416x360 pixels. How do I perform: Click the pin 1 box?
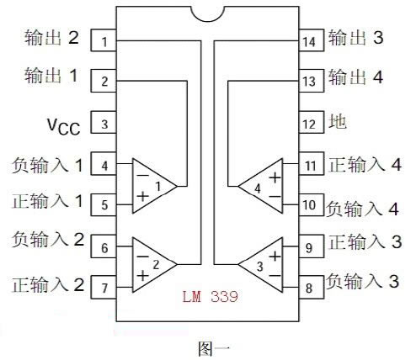click(104, 40)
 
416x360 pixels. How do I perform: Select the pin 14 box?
click(312, 40)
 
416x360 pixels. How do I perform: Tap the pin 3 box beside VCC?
click(104, 122)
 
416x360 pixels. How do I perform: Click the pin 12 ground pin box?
click(312, 122)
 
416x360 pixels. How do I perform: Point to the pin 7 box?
click(104, 287)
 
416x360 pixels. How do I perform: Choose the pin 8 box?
click(312, 287)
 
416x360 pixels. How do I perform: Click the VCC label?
click(64, 127)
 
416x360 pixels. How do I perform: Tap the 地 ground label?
click(338, 122)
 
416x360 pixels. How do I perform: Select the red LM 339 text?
click(211, 296)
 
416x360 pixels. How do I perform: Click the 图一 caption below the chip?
click(214, 349)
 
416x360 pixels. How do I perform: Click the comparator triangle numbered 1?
click(154, 186)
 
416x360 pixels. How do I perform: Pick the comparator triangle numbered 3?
click(260, 265)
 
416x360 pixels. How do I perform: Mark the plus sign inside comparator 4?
click(275, 177)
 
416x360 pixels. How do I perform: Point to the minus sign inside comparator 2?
click(143, 257)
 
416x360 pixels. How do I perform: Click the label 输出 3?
click(356, 38)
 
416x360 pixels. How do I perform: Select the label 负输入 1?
click(47, 165)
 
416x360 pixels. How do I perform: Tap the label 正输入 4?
click(365, 165)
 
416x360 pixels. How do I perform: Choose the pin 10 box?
click(312, 204)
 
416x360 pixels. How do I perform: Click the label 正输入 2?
click(48, 284)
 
